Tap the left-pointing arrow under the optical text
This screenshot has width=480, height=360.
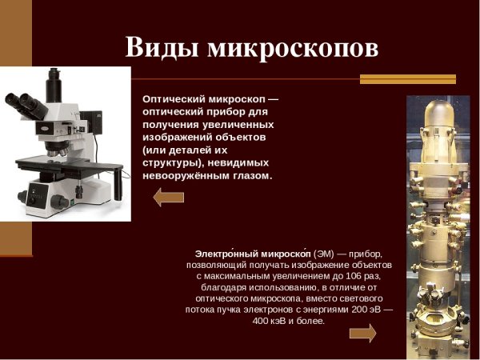point(169,197)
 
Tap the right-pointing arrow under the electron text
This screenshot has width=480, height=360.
point(362,332)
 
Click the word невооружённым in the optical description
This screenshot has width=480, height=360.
point(185,175)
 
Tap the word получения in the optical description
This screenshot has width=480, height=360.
point(171,124)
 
